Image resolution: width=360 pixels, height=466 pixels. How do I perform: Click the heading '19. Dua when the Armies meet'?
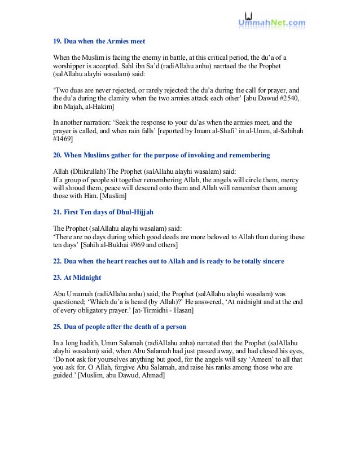click(99, 42)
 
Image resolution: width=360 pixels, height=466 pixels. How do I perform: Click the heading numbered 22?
click(169, 262)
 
